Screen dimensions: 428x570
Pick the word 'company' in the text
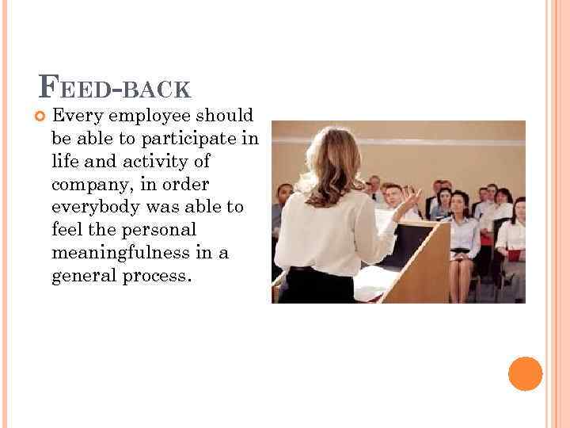tap(85, 185)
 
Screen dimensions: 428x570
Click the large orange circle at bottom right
tap(525, 373)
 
